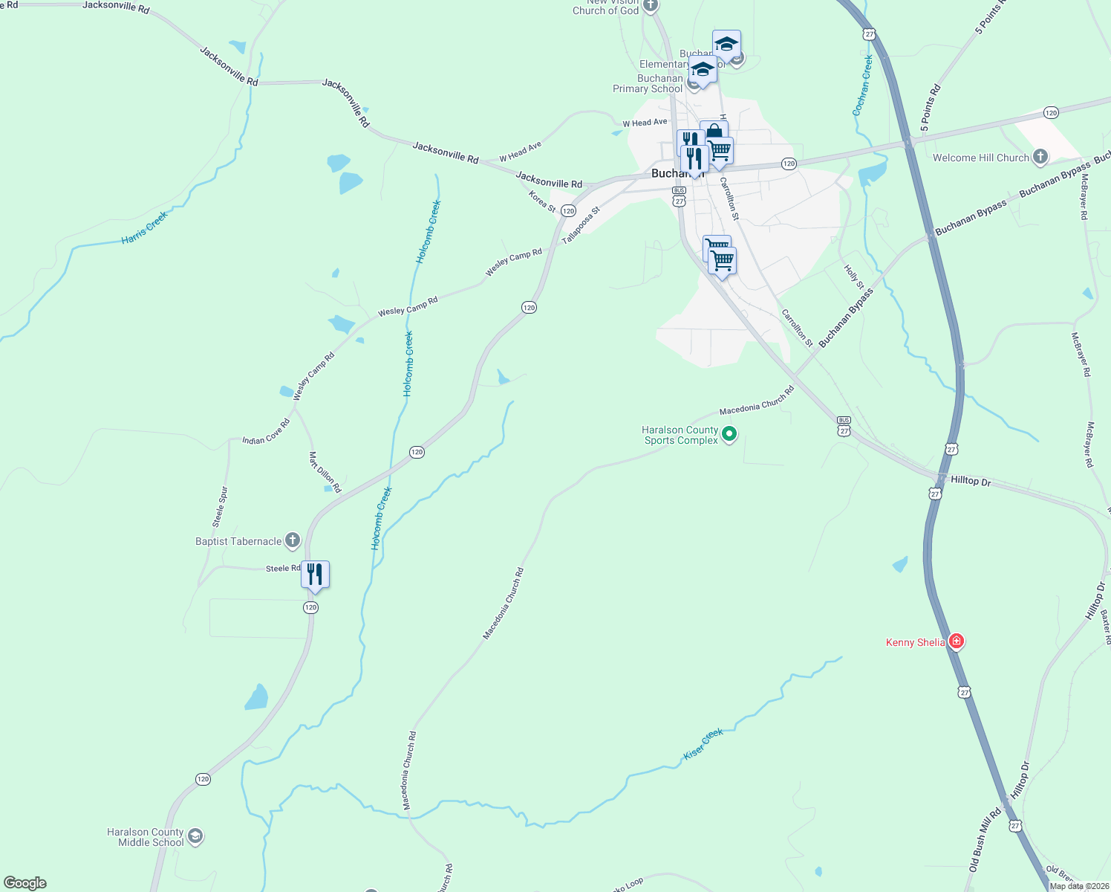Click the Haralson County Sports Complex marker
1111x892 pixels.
click(729, 433)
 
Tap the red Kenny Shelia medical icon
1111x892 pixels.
click(957, 641)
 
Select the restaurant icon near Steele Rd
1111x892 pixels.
click(315, 575)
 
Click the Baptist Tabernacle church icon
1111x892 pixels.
click(293, 540)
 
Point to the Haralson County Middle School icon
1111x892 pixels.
click(195, 836)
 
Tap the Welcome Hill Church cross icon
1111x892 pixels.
click(1040, 156)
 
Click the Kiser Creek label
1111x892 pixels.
click(703, 744)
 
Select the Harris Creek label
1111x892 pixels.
click(145, 228)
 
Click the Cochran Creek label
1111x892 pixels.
click(863, 85)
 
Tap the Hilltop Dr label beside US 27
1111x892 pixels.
click(971, 481)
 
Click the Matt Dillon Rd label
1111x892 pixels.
click(325, 472)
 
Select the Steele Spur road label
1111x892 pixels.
click(220, 507)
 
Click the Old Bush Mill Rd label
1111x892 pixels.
click(985, 840)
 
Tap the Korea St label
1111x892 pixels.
click(542, 201)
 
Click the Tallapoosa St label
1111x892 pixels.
click(581, 225)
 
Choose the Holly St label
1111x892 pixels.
click(854, 277)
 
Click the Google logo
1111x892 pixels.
click(25, 883)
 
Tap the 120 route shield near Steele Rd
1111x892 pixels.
click(310, 607)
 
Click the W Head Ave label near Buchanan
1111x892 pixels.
click(645, 123)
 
